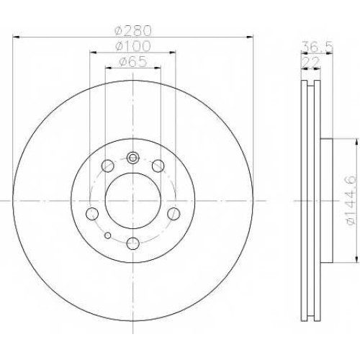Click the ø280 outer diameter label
click(133, 30)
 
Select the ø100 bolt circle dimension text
click(132, 46)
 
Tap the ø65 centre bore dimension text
click(132, 62)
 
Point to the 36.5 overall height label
click(317, 47)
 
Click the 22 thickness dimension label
click(311, 63)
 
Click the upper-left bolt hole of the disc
click(107, 166)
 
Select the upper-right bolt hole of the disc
click(158, 166)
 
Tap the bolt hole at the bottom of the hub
click(133, 243)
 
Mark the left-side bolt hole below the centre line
click(92, 214)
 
